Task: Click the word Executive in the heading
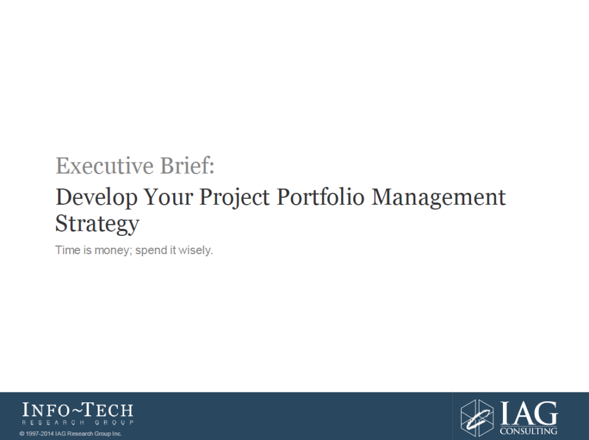[x=104, y=166]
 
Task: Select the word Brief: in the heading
[x=187, y=166]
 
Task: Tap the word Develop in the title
[x=97, y=198]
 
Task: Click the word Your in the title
[x=168, y=197]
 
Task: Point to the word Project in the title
[x=234, y=198]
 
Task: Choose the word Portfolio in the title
[x=320, y=197]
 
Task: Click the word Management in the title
[x=438, y=198]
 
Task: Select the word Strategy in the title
[x=97, y=224]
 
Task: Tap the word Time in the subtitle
[x=68, y=250]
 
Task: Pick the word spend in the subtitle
[x=150, y=251]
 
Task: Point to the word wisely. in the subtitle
[x=196, y=251]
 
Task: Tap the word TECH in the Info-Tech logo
[x=107, y=410]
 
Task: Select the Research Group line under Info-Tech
[x=78, y=423]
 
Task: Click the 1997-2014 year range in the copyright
[x=40, y=434]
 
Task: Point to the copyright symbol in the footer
[x=22, y=434]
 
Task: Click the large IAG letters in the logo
[x=529, y=413]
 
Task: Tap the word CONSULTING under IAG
[x=528, y=431]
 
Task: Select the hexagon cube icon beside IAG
[x=477, y=418]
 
